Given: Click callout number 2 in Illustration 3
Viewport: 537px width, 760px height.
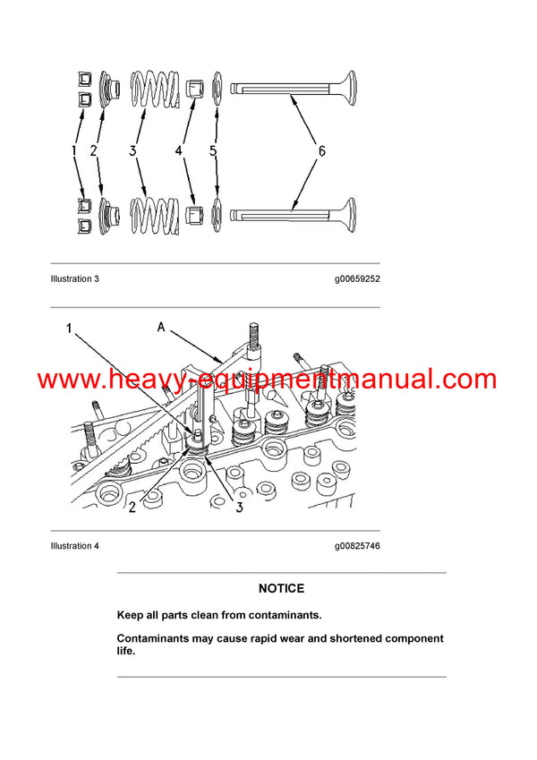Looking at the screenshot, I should [92, 153].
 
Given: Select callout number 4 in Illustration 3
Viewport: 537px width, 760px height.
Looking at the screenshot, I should [179, 152].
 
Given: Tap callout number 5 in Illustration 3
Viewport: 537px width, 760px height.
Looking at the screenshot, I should [213, 152].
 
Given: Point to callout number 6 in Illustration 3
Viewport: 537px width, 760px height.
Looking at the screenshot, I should [320, 151].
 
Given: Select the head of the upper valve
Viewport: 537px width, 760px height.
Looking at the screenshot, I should [342, 89].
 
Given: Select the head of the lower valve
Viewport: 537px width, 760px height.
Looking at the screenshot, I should [342, 215].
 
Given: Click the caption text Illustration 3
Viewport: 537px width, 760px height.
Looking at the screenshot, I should [75, 279].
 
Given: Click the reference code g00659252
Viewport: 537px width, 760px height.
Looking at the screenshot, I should [357, 279].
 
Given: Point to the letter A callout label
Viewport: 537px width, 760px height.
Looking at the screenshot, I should [162, 328].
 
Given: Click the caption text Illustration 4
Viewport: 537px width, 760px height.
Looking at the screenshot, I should [75, 546].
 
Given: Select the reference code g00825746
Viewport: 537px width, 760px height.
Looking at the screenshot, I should [357, 546].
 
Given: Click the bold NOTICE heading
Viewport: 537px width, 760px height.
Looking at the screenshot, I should [281, 588].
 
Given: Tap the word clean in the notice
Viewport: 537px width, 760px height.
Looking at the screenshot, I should [207, 616].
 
